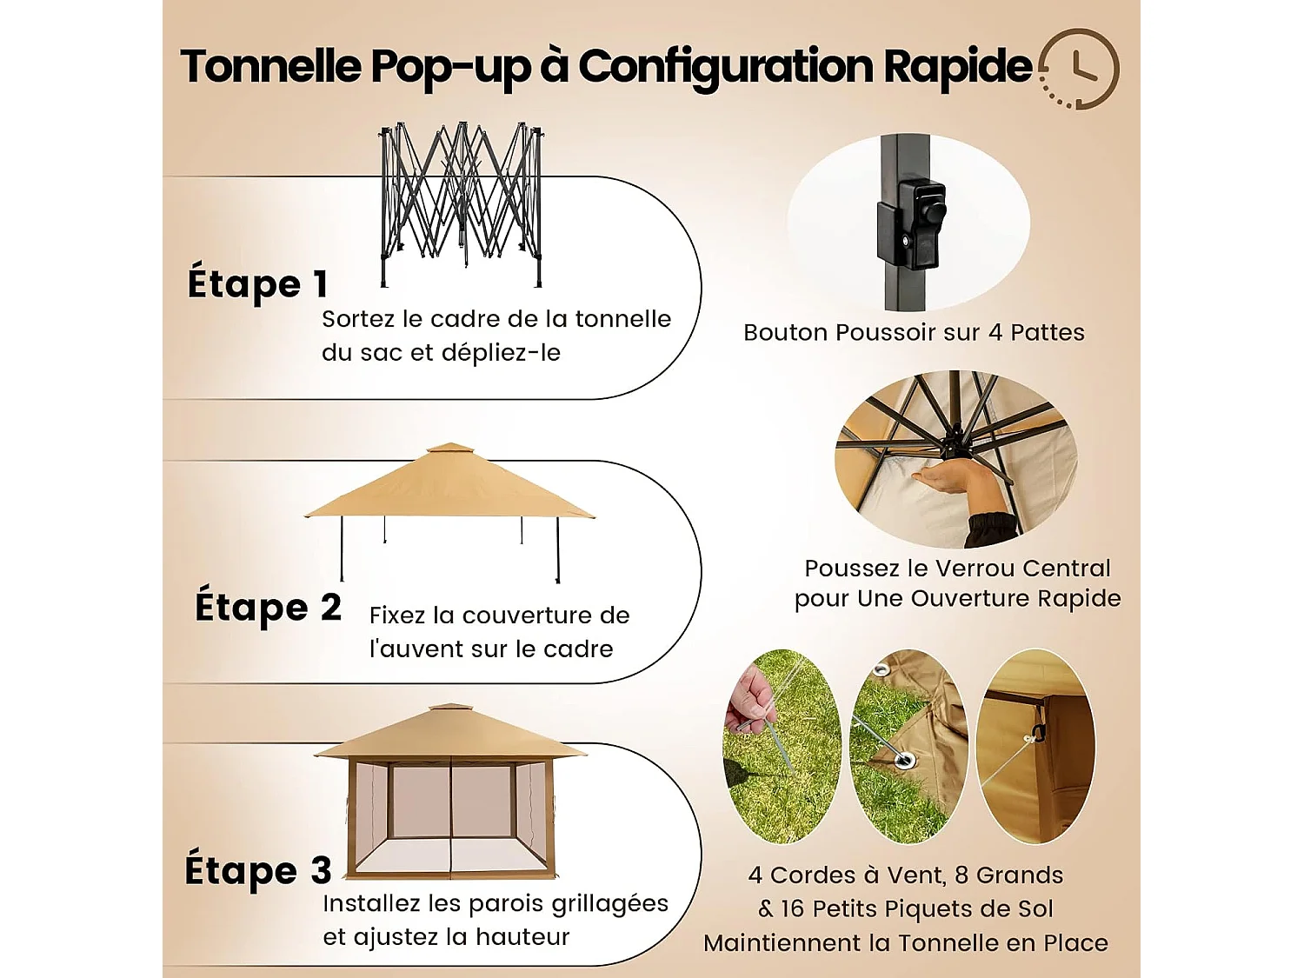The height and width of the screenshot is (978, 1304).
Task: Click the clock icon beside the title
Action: [x=1080, y=69]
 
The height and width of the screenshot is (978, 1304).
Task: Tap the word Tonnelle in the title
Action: [x=270, y=67]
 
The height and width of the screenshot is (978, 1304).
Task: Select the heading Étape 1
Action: [x=257, y=284]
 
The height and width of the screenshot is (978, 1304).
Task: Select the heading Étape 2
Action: [x=268, y=608]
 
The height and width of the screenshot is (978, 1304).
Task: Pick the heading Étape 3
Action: [x=258, y=871]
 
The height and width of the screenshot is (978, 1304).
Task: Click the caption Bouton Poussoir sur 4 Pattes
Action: [x=914, y=333]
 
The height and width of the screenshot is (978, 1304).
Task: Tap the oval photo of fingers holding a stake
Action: [x=782, y=746]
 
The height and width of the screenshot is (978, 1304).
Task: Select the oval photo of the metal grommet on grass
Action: [x=908, y=746]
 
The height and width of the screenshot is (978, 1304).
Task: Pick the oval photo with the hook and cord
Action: [x=1035, y=746]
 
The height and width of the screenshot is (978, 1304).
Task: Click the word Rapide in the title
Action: [x=957, y=67]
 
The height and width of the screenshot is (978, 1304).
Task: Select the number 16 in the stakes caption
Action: [x=792, y=909]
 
